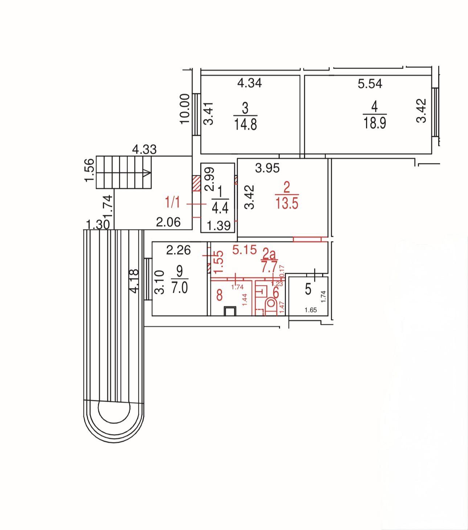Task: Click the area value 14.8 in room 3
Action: click(x=245, y=124)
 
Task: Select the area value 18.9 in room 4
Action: click(x=374, y=123)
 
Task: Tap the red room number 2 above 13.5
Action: click(x=287, y=187)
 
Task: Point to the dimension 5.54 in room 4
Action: click(x=370, y=84)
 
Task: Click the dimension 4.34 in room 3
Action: click(x=249, y=83)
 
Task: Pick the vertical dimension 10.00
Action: click(x=185, y=109)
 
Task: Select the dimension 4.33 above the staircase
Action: click(x=144, y=150)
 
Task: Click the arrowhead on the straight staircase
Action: click(x=147, y=173)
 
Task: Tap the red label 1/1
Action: click(x=173, y=202)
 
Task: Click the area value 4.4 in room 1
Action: click(x=220, y=208)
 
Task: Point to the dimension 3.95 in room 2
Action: click(x=267, y=168)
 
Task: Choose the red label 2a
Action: click(x=269, y=254)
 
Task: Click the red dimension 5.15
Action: click(x=244, y=250)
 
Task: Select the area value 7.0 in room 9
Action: click(x=180, y=287)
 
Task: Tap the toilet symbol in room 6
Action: click(x=271, y=307)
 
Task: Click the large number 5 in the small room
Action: click(x=308, y=289)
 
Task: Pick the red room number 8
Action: click(x=219, y=295)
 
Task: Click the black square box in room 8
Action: click(x=230, y=311)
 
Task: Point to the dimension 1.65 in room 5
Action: click(x=311, y=310)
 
